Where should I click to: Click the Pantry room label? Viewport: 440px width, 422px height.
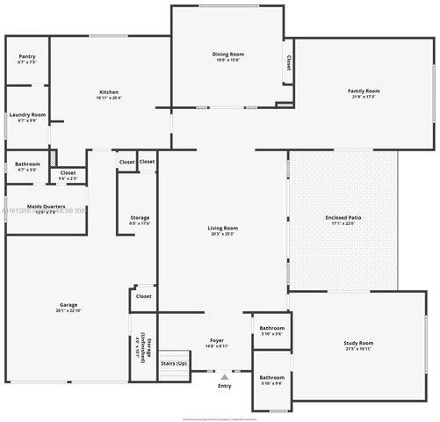coord(26,60)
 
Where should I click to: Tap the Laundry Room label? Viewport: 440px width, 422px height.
coord(26,117)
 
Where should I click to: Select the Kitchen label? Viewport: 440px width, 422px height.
coord(109,95)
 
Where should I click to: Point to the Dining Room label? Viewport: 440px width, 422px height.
coord(227,57)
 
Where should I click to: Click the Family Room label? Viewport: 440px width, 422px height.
coord(364,93)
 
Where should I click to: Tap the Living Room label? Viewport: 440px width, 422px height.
coord(223,230)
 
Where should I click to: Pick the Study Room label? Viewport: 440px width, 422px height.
coord(357,345)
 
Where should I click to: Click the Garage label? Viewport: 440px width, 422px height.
coord(69,308)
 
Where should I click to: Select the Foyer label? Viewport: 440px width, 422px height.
coord(217,343)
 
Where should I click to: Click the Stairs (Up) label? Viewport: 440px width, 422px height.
coord(174,363)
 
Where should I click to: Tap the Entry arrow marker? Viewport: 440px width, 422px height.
coord(224,376)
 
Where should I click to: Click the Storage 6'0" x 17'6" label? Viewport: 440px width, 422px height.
coord(140,220)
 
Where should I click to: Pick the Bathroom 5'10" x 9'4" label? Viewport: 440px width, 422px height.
coord(271,380)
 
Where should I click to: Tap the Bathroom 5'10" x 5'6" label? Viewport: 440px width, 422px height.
coord(271,331)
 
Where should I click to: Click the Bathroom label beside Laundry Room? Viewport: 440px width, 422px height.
coord(26,166)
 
